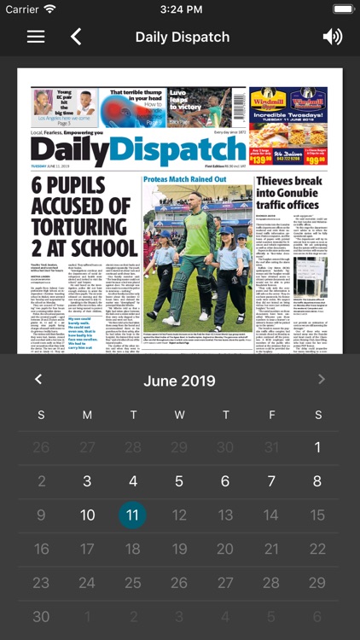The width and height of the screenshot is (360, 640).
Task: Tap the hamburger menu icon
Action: [x=36, y=37]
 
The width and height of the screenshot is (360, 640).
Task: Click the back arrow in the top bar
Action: [x=76, y=37]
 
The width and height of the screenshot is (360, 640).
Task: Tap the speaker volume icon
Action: [x=332, y=37]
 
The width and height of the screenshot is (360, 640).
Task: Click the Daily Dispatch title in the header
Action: [x=182, y=37]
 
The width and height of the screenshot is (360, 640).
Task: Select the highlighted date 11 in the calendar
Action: [x=132, y=515]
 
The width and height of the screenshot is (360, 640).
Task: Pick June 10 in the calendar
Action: [x=87, y=515]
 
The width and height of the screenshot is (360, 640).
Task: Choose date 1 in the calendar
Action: [x=317, y=447]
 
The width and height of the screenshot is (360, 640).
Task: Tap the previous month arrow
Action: [x=38, y=380]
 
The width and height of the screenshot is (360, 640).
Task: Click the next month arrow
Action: [x=322, y=380]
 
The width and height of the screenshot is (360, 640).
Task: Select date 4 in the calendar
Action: [x=132, y=481]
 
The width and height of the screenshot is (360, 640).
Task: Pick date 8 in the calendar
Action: [x=317, y=481]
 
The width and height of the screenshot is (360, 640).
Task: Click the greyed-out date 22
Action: [x=317, y=550]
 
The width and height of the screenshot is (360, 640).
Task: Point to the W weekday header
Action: [x=179, y=415]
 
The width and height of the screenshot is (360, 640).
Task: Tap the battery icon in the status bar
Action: [x=344, y=9]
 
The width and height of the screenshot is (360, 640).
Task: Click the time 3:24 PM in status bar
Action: [x=180, y=9]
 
